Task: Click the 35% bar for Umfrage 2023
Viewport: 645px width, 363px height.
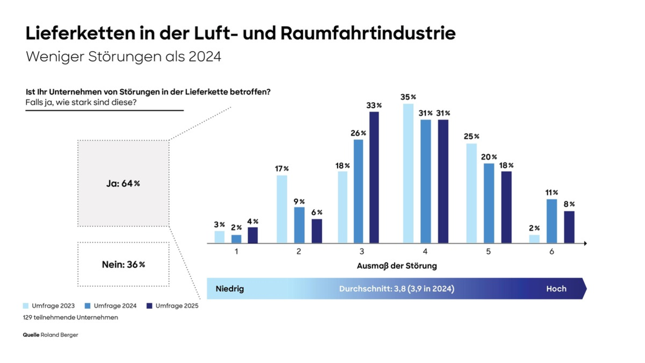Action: coord(408,173)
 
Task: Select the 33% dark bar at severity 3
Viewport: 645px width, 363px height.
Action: coord(373,177)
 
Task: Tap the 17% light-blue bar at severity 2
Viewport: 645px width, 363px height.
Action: coord(282,209)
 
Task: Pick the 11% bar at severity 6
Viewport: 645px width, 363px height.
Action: coord(551,221)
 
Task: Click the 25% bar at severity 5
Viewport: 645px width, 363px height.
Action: coord(471,193)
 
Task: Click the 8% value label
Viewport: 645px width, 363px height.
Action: coord(569,204)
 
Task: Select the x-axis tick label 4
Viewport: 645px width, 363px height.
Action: coord(425,252)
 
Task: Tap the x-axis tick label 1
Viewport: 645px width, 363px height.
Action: coord(236,252)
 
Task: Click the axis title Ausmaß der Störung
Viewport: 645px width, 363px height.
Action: coord(397,266)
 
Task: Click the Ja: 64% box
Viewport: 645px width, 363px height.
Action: coord(123,183)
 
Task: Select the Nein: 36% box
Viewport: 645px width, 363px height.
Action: coord(123,265)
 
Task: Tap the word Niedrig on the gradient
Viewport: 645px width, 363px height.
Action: coord(230,289)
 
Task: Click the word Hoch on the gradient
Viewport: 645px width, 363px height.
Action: coord(556,289)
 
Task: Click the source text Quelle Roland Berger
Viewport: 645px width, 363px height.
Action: coord(51,334)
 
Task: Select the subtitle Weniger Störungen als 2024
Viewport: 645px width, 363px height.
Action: coord(124,56)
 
